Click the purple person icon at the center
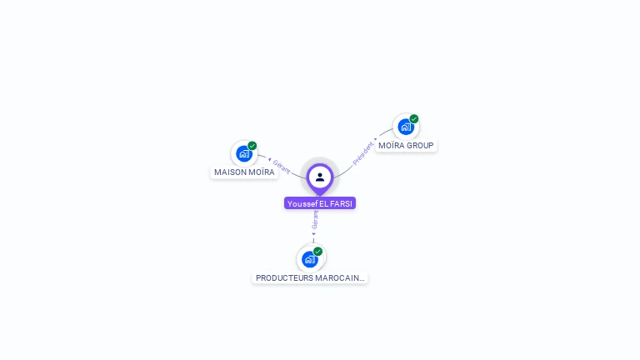320,177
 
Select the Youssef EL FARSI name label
320,203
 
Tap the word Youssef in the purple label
302,203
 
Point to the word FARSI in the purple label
342,203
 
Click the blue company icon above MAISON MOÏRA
243,153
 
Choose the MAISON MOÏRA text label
244,172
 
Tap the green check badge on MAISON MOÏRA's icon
252,146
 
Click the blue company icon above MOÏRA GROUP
405,127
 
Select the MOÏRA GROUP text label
406,146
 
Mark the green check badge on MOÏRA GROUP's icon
414,119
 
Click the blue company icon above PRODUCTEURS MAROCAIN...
310,259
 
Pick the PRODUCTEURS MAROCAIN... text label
310,278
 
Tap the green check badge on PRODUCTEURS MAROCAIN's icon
318,251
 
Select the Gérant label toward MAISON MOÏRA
282,167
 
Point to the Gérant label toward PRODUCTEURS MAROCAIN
315,219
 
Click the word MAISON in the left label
230,172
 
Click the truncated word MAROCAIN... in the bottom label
341,278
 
